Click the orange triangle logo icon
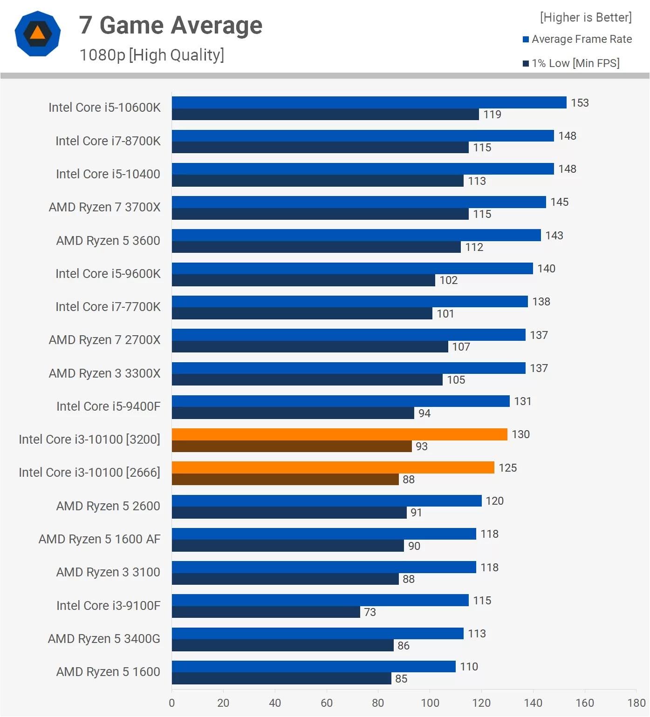coord(37,34)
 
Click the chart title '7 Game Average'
coord(170,25)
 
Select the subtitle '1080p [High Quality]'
coord(151,55)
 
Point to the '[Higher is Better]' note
coord(585,18)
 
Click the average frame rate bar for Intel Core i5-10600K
coord(369,102)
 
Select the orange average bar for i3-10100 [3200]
coord(339,434)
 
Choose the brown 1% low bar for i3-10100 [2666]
coord(285,480)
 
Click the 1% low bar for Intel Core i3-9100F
coord(266,612)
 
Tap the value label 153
coord(580,103)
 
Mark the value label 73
coord(370,612)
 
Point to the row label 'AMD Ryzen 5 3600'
coord(108,241)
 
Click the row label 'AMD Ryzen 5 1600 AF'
coord(99,539)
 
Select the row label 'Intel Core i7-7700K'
coord(108,307)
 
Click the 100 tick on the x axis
coord(430,703)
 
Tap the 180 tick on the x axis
coord(636,703)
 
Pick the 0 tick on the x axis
coord(172,703)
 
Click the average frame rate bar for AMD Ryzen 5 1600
coord(314,667)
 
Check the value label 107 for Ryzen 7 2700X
coord(461,347)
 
